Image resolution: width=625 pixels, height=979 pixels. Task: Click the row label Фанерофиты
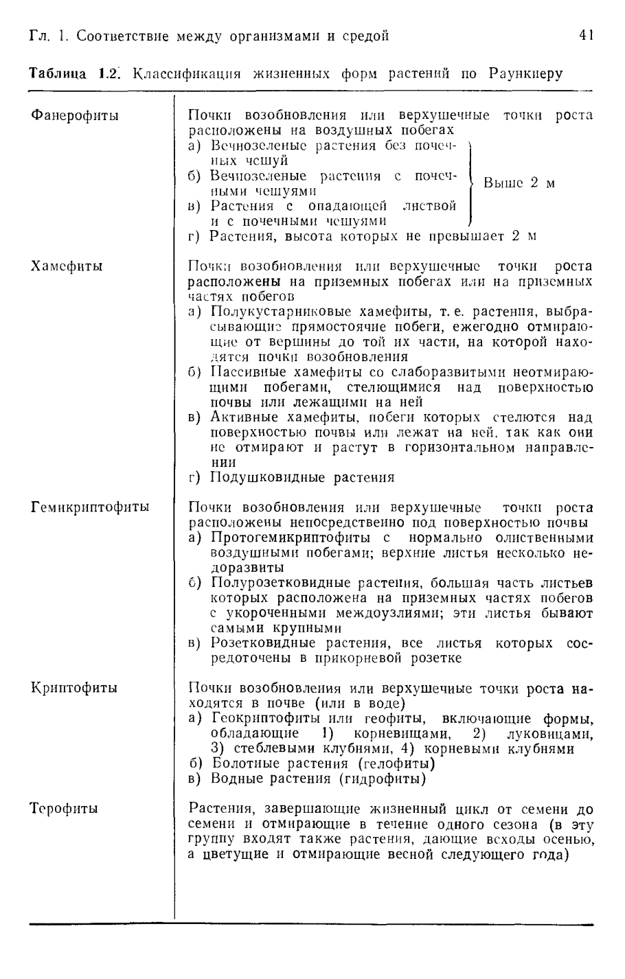click(x=75, y=115)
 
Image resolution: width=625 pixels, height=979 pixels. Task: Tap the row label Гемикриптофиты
click(x=91, y=507)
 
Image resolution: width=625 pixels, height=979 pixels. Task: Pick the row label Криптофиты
click(x=73, y=687)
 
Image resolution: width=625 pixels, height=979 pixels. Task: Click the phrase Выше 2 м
click(x=519, y=183)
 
